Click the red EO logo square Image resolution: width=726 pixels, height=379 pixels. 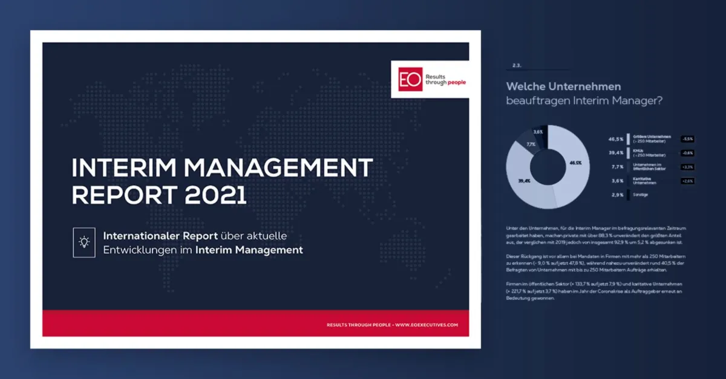(410, 79)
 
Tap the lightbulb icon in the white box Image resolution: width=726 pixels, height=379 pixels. (84, 241)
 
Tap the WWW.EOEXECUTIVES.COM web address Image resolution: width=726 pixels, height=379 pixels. (426, 325)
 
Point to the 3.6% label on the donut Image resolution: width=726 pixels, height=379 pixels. (538, 131)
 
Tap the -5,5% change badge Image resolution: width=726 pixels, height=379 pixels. (687, 138)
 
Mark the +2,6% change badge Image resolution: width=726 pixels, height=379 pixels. (687, 180)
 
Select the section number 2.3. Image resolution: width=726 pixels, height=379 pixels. (517, 65)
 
